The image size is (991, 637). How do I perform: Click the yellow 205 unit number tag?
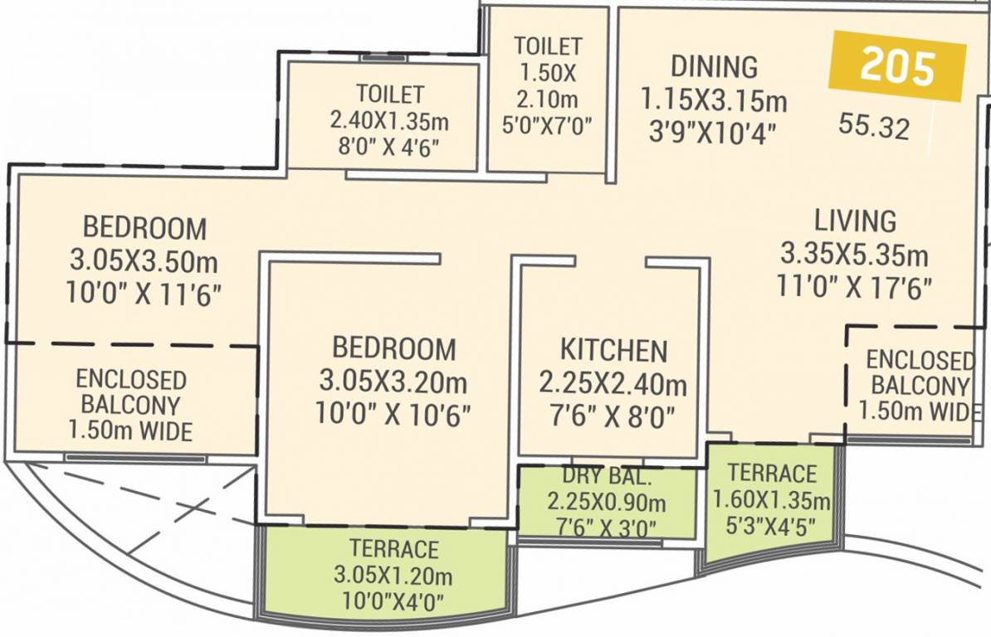click(x=898, y=66)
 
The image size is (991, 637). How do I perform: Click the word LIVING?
click(x=855, y=221)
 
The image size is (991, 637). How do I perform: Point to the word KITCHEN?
click(x=613, y=351)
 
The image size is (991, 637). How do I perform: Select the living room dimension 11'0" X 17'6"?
click(x=855, y=286)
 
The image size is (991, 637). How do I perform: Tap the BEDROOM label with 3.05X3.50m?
click(x=144, y=227)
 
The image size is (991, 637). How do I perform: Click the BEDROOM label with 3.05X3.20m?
click(x=394, y=348)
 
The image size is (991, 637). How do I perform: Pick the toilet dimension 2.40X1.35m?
click(x=389, y=121)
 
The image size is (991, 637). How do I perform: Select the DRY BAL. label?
click(x=606, y=478)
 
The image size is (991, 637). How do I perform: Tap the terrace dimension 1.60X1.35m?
click(x=772, y=500)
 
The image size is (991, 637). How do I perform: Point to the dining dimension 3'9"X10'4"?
click(x=714, y=131)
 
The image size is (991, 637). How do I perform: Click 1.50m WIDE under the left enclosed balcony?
click(x=131, y=431)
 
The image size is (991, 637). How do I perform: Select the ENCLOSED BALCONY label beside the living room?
click(x=919, y=373)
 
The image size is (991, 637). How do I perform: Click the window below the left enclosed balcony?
click(x=135, y=458)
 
